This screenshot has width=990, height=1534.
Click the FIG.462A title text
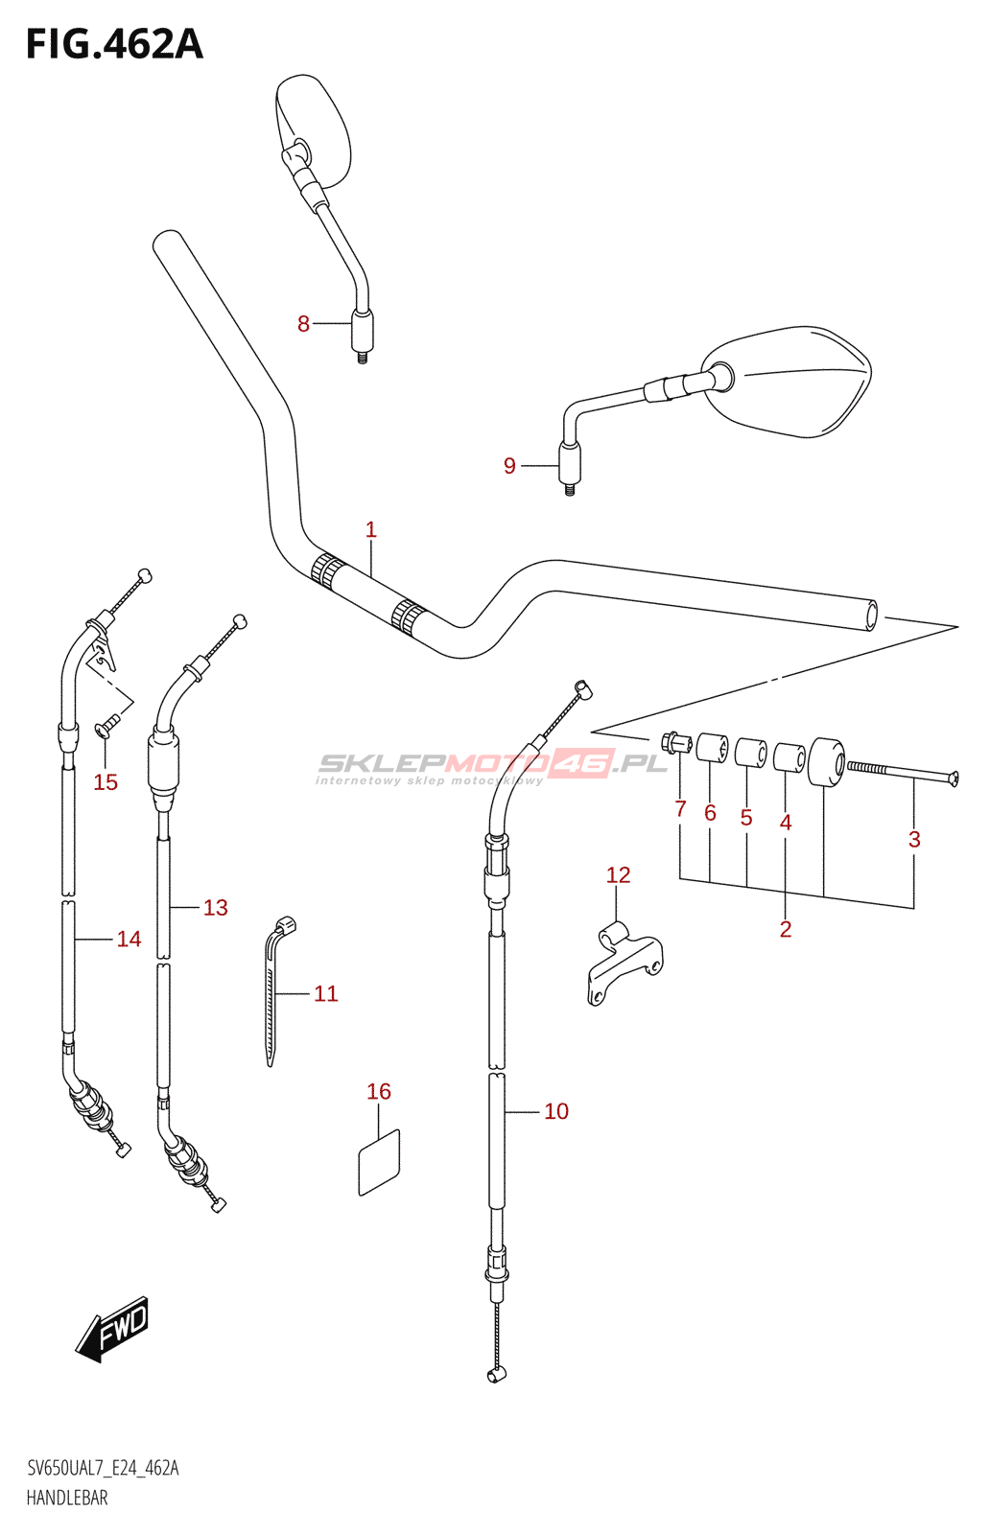114,44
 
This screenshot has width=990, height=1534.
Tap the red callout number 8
303,324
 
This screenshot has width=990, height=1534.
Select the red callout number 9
509,466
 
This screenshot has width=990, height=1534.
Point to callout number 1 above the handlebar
370,529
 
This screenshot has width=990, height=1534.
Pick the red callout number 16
379,1091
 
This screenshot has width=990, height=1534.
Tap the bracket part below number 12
625,963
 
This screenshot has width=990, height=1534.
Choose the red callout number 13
215,907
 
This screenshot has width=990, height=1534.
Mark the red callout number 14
129,939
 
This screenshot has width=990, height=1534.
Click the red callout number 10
556,1111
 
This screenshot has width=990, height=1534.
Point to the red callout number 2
785,929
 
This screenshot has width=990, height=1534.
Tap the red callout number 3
914,839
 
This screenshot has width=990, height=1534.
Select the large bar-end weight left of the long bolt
826,761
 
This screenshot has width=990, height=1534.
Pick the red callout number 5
746,817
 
